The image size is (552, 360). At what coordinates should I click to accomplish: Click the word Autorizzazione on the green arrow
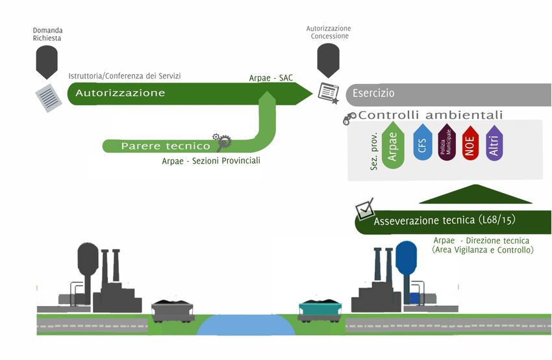click(120, 93)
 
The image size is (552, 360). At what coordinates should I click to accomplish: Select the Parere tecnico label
click(166, 146)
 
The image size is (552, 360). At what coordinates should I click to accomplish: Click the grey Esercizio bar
click(448, 94)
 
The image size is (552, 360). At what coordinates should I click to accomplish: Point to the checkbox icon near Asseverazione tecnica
click(364, 209)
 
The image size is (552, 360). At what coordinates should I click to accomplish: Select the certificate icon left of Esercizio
click(329, 94)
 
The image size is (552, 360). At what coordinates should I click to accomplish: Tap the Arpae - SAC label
click(271, 78)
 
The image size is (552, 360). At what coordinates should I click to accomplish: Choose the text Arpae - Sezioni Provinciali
click(211, 161)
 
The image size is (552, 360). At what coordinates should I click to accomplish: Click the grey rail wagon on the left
click(172, 311)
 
